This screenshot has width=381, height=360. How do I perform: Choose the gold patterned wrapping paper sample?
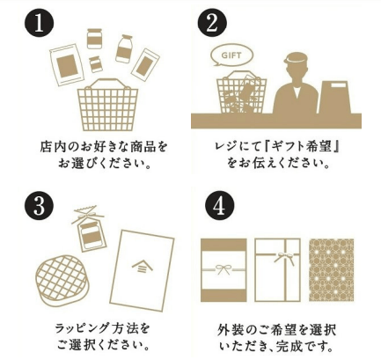point(332,269)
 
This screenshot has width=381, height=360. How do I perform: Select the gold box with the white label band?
point(223,269)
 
